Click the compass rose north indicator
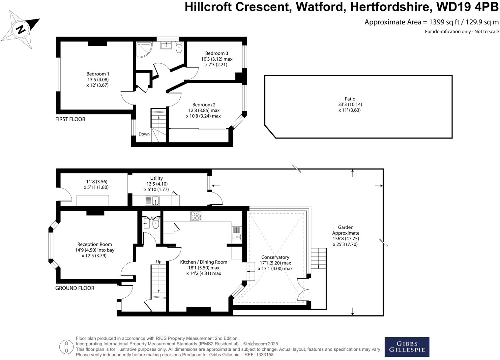(x=21, y=29)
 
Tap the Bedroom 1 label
(x=98, y=74)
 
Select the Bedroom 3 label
(x=217, y=53)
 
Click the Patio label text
(x=350, y=99)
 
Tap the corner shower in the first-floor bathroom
(x=144, y=49)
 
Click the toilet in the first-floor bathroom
(x=179, y=48)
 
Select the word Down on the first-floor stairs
(x=144, y=134)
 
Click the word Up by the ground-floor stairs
(x=159, y=261)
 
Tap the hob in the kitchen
(x=196, y=216)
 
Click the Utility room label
(x=157, y=178)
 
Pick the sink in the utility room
(x=152, y=200)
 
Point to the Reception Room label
(x=95, y=244)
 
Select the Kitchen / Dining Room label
(x=203, y=262)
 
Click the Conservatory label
(x=275, y=257)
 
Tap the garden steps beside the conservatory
(x=318, y=258)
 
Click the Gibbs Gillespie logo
(x=407, y=347)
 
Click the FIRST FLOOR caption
(x=70, y=119)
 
